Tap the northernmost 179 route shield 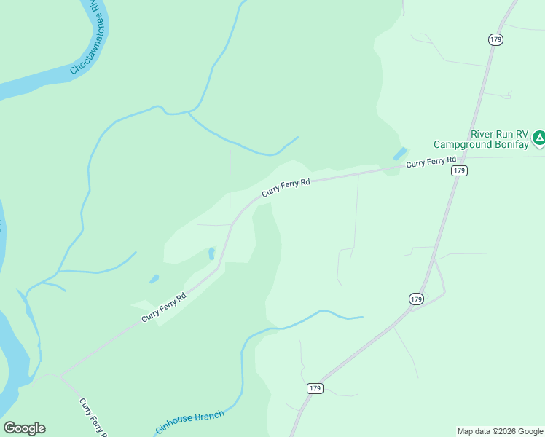click(495, 39)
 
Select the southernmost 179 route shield click(314, 388)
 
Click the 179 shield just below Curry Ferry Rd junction click(458, 170)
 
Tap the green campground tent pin click(538, 137)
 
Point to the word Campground click(462, 145)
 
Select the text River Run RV click(499, 134)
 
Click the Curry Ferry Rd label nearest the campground click(431, 162)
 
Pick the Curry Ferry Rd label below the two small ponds click(164, 307)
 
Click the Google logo click(24, 428)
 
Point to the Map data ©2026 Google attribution click(500, 431)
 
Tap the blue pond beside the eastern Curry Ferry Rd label click(400, 154)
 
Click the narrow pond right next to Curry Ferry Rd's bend click(211, 253)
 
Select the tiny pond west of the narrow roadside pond click(154, 279)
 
